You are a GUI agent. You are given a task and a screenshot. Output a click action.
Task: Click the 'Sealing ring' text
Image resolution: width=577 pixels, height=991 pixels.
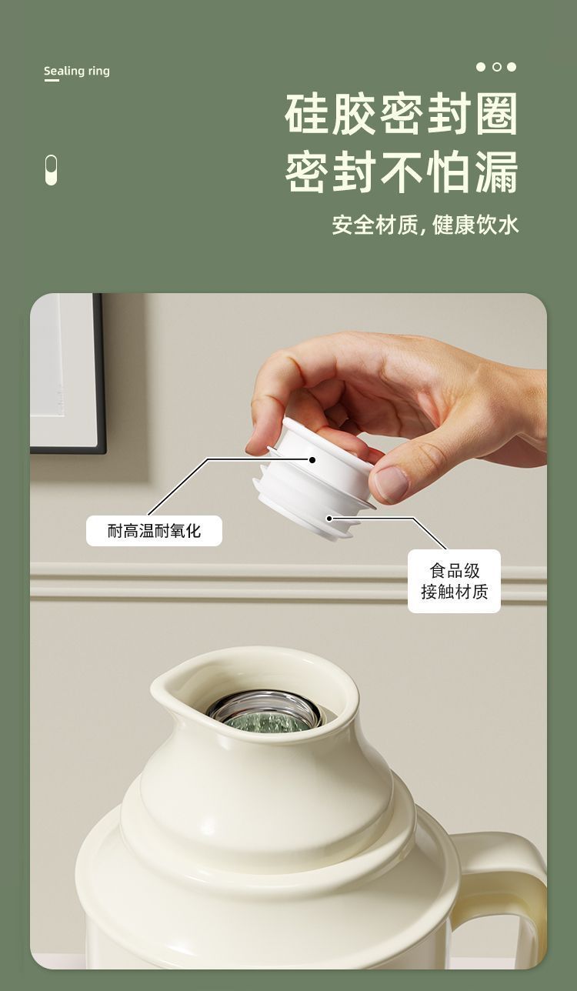coord(77,71)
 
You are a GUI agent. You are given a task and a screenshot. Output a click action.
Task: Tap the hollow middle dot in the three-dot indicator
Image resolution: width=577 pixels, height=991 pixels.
coord(496,67)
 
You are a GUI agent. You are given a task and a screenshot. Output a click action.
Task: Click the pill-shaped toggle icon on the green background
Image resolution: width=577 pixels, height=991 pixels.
coord(51,170)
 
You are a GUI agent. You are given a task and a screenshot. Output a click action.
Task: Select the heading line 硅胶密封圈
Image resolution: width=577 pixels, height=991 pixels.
coord(401,114)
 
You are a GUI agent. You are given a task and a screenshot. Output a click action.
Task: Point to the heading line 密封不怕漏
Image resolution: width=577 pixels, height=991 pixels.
coord(401,172)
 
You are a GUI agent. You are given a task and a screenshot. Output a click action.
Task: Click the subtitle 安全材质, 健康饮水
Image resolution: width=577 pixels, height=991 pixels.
coord(425,225)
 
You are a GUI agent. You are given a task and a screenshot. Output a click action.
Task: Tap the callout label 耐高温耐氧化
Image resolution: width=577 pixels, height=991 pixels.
coord(154,530)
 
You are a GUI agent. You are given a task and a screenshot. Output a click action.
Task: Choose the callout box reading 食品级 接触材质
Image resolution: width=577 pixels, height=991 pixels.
coord(454,581)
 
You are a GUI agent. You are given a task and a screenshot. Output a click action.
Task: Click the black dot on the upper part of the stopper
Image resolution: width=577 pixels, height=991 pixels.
coord(312,460)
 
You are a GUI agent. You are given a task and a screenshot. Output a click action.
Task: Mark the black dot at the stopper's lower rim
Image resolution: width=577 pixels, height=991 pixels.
coord(329,518)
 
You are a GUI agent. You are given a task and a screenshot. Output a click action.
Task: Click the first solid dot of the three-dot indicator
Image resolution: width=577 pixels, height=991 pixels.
coord(481,67)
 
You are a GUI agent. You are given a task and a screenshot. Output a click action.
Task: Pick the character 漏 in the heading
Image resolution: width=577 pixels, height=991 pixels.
coord(496,172)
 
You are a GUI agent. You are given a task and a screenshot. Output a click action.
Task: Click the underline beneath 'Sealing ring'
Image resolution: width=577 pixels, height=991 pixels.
coord(52,81)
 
